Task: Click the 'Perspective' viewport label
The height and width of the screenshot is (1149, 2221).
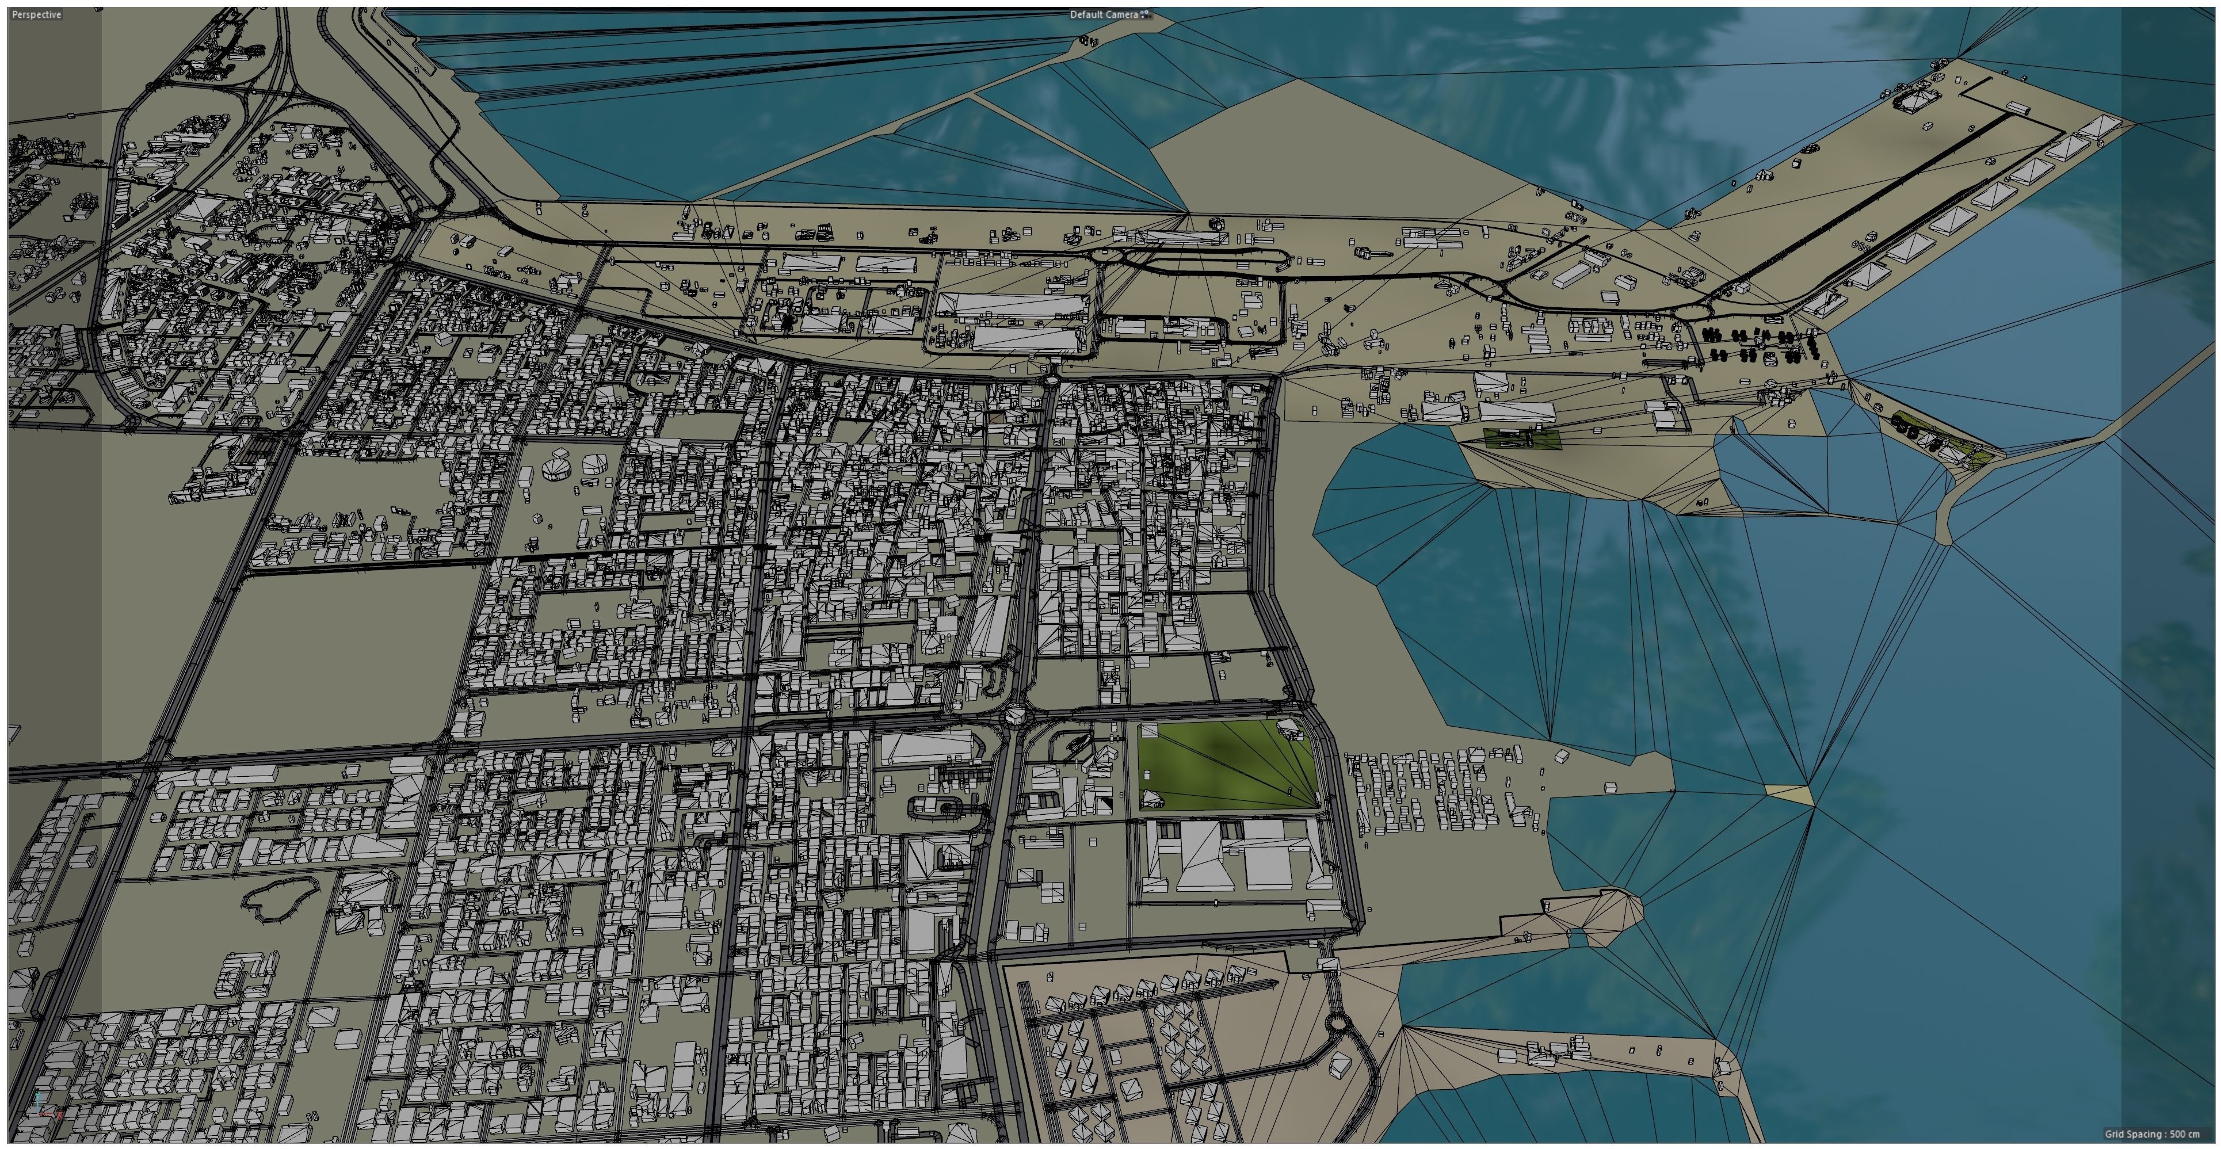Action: [x=37, y=14]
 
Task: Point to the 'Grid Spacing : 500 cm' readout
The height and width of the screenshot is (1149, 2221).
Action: [x=2151, y=1135]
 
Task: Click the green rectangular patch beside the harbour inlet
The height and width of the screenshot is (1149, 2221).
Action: [x=1520, y=438]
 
